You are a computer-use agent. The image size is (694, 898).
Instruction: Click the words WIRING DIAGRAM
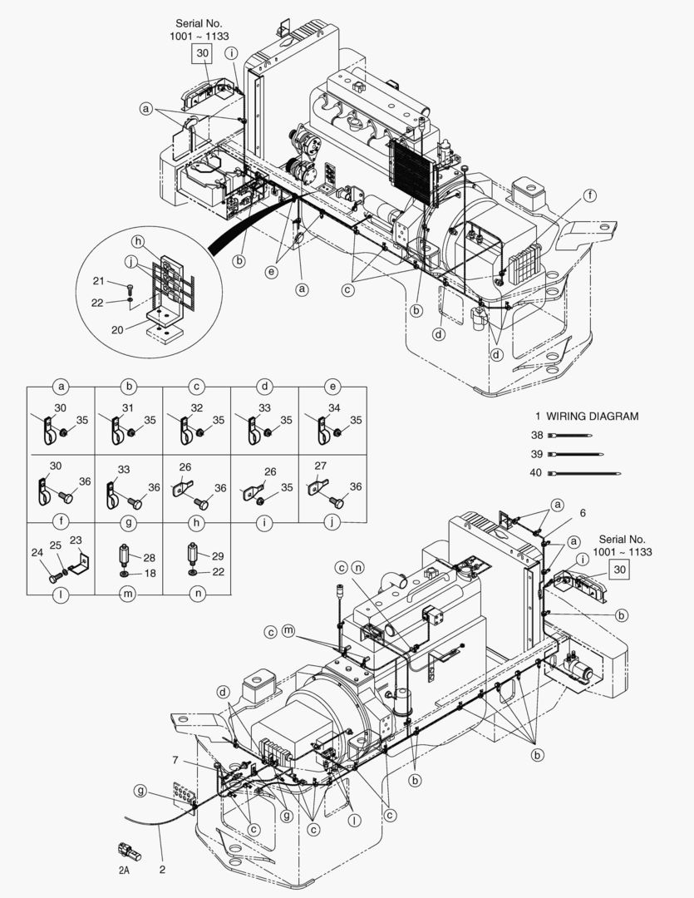(x=593, y=417)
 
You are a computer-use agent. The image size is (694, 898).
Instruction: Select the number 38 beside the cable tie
(x=537, y=435)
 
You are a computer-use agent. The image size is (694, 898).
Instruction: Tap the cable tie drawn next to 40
(x=589, y=473)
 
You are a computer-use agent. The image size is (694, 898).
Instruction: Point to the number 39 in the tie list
(x=537, y=454)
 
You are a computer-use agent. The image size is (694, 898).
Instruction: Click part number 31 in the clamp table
(x=127, y=407)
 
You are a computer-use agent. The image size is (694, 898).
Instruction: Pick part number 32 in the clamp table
(x=195, y=407)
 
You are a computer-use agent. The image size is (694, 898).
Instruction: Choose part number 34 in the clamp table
(x=333, y=407)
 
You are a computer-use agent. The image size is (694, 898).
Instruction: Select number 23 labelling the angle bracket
(x=76, y=540)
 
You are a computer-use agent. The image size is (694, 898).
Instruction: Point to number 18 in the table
(x=149, y=574)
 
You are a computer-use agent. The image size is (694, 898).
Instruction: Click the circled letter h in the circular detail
(x=137, y=240)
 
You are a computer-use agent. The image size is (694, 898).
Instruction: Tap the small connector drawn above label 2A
(x=130, y=851)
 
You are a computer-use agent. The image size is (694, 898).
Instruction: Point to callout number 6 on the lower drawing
(x=583, y=513)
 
